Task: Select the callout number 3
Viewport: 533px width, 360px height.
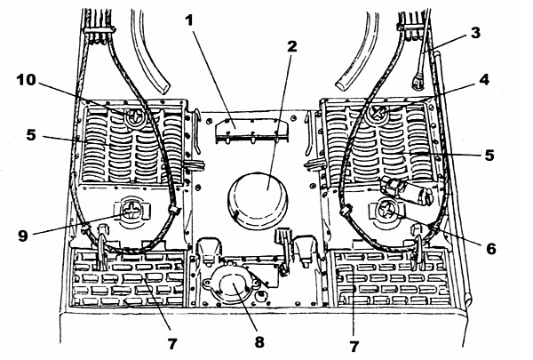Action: (476, 34)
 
